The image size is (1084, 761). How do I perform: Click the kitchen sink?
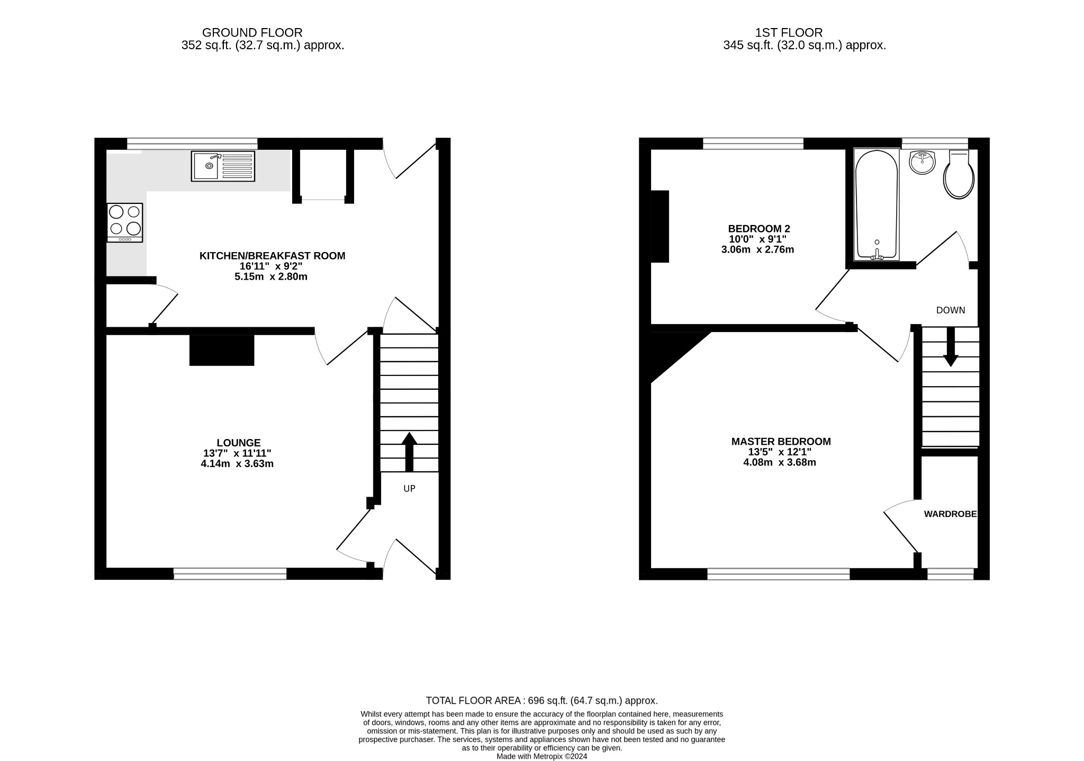[223, 166]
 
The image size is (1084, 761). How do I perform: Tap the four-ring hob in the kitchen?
[125, 222]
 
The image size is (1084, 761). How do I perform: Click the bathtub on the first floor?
[877, 204]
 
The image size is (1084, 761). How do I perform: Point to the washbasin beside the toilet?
[923, 162]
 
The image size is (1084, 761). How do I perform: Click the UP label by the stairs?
[409, 489]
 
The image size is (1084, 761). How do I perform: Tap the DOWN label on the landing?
[951, 310]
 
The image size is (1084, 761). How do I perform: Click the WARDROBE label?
[950, 514]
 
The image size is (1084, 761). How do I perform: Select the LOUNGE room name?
[238, 443]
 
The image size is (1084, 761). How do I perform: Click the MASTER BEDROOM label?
[781, 441]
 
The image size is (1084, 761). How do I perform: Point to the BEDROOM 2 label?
[758, 229]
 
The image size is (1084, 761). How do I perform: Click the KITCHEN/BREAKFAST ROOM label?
[272, 256]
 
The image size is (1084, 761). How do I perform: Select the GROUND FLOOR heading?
[252, 33]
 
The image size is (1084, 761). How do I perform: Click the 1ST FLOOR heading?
[789, 33]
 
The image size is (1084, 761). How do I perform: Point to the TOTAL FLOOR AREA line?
[541, 701]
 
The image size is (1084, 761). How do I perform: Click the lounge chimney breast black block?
[222, 350]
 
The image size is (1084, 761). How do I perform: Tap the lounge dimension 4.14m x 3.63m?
[237, 464]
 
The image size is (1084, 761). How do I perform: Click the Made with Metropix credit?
[541, 757]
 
